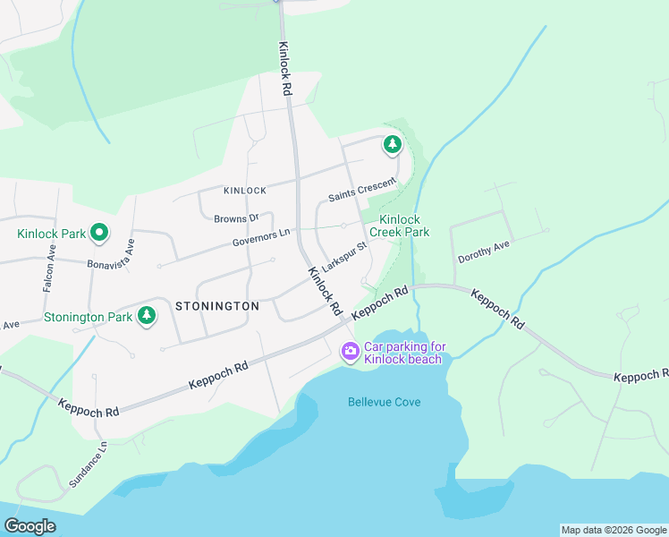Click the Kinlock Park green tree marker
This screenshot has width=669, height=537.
coord(99,234)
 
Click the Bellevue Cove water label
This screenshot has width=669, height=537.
coord(384,402)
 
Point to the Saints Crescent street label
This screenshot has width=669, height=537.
coord(361,189)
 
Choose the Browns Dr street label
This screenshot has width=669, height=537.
coord(236,217)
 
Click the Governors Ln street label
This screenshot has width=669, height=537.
coord(262,237)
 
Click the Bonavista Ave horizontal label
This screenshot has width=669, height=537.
coord(110,265)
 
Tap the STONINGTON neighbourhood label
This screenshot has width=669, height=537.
coord(217,306)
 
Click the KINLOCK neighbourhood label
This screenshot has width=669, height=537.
coord(245,191)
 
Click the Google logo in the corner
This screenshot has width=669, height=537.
coord(30,526)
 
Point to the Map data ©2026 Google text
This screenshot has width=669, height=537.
coord(614,530)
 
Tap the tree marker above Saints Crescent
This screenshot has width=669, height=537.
coord(392,143)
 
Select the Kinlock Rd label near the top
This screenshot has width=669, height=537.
coord(284,69)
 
